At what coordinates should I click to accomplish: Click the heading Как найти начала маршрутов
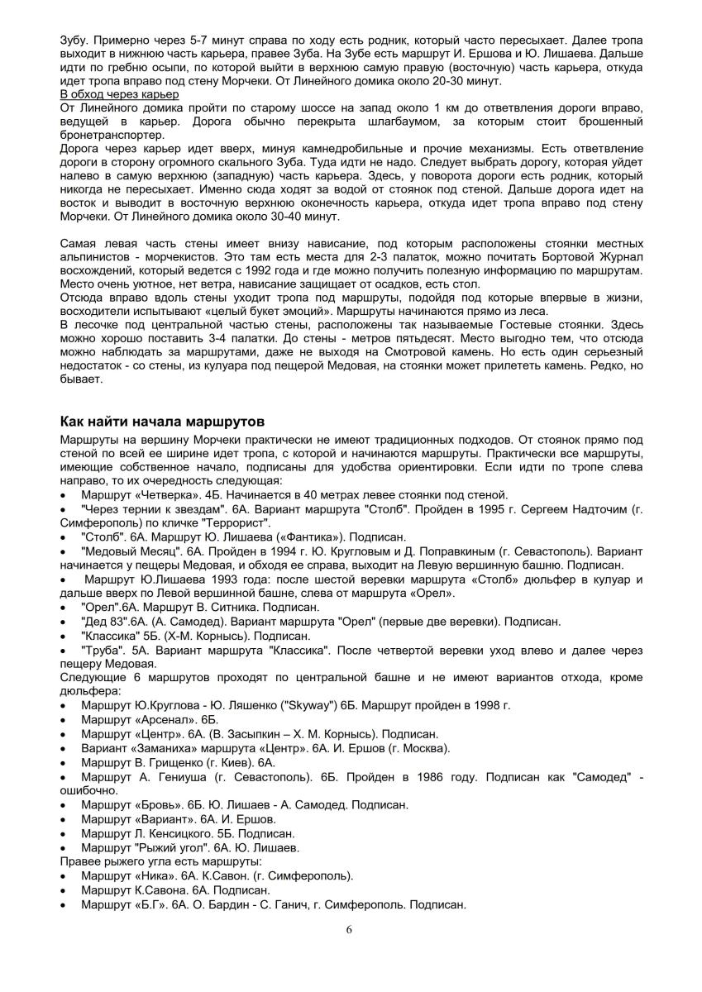(x=162, y=422)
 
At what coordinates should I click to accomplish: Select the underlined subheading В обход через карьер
(x=109, y=94)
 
